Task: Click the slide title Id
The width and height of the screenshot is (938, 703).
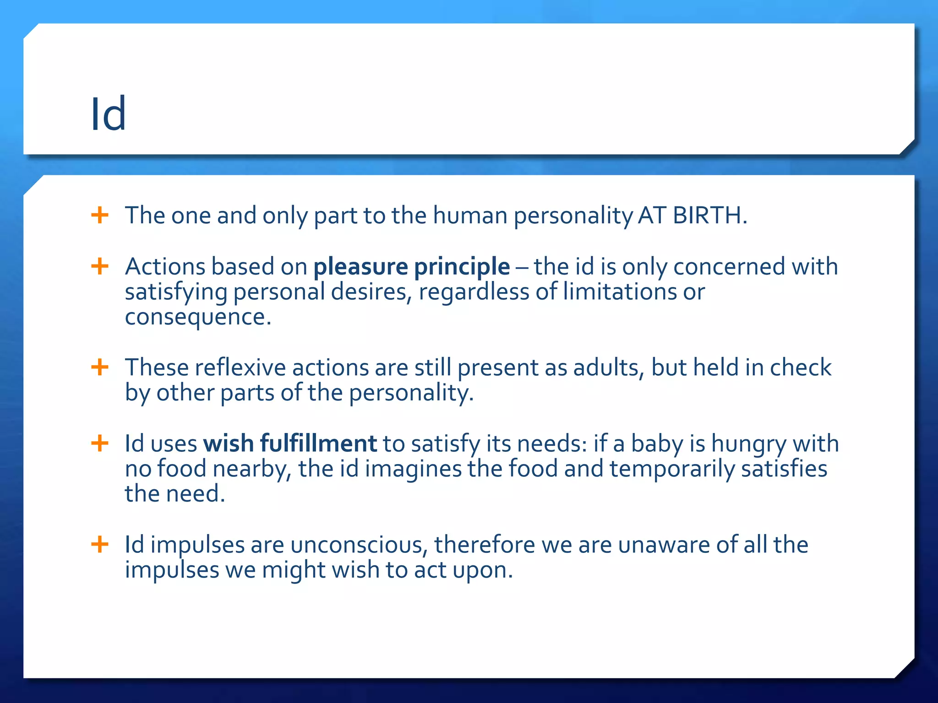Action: pyautogui.click(x=108, y=114)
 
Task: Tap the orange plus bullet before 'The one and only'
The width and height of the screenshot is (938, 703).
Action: pyautogui.click(x=100, y=215)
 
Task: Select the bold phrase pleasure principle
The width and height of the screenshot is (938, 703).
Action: pyautogui.click(x=411, y=266)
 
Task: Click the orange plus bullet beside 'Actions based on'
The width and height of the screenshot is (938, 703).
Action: pyautogui.click(x=100, y=266)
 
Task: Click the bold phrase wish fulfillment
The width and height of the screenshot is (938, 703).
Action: pyautogui.click(x=290, y=443)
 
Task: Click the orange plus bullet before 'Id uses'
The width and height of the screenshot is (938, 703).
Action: pyautogui.click(x=100, y=443)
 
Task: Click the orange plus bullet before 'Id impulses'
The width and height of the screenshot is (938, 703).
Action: pyautogui.click(x=100, y=544)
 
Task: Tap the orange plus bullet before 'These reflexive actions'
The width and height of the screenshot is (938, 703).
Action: pyautogui.click(x=100, y=367)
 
